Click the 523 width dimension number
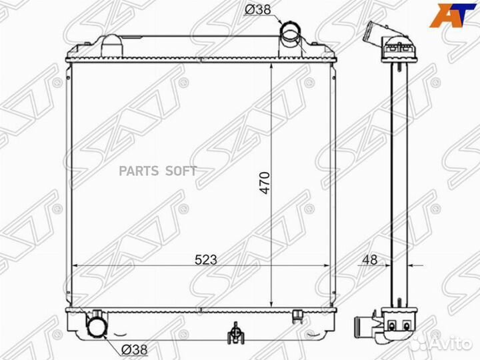(x=206, y=259)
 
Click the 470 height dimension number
(x=265, y=183)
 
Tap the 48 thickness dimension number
(x=370, y=259)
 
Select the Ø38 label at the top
(x=258, y=10)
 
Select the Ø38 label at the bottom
(x=135, y=349)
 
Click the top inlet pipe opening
(x=290, y=31)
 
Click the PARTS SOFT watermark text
(x=157, y=171)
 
